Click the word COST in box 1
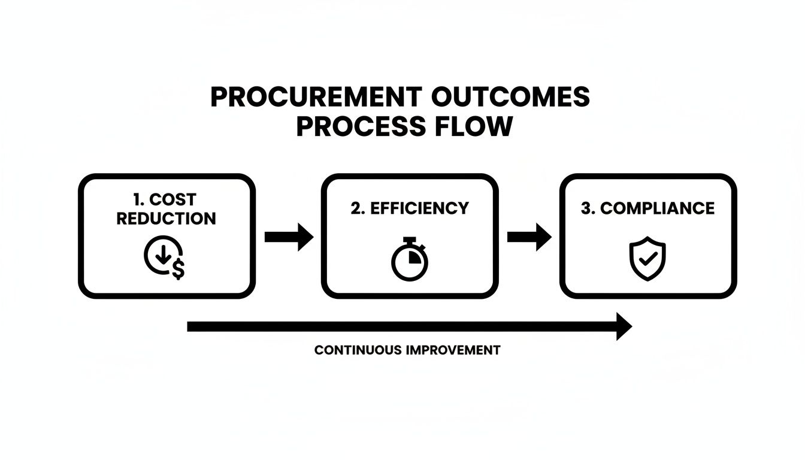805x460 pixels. pyautogui.click(x=174, y=199)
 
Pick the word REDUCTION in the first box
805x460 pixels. pyautogui.click(x=166, y=219)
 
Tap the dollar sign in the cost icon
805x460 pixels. pyautogui.click(x=178, y=271)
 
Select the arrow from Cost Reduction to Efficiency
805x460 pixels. pyautogui.click(x=289, y=237)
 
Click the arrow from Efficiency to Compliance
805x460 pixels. pyautogui.click(x=529, y=237)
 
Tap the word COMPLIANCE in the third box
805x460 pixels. pyautogui.click(x=657, y=208)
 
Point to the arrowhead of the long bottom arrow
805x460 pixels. pyautogui.click(x=624, y=326)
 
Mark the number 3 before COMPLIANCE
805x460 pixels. pyautogui.click(x=586, y=208)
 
